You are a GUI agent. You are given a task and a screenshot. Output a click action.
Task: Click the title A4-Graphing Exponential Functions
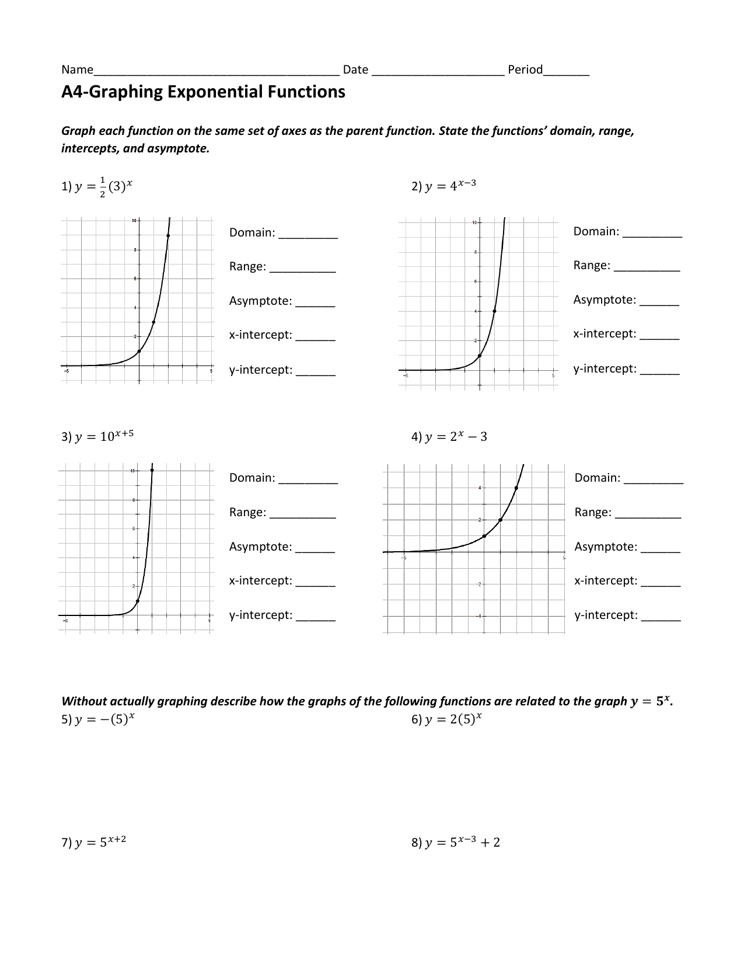(203, 92)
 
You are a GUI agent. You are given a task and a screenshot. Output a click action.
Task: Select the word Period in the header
(525, 69)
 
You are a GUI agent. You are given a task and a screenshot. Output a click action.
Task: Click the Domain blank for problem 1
(308, 234)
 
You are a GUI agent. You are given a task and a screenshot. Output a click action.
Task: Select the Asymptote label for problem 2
(605, 300)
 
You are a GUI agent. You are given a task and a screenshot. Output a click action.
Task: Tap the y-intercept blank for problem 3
(315, 616)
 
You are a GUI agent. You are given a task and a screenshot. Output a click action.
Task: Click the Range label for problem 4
(592, 512)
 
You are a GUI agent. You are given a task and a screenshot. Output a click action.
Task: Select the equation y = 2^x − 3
(456, 437)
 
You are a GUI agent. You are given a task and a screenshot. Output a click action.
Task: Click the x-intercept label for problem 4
(606, 580)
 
